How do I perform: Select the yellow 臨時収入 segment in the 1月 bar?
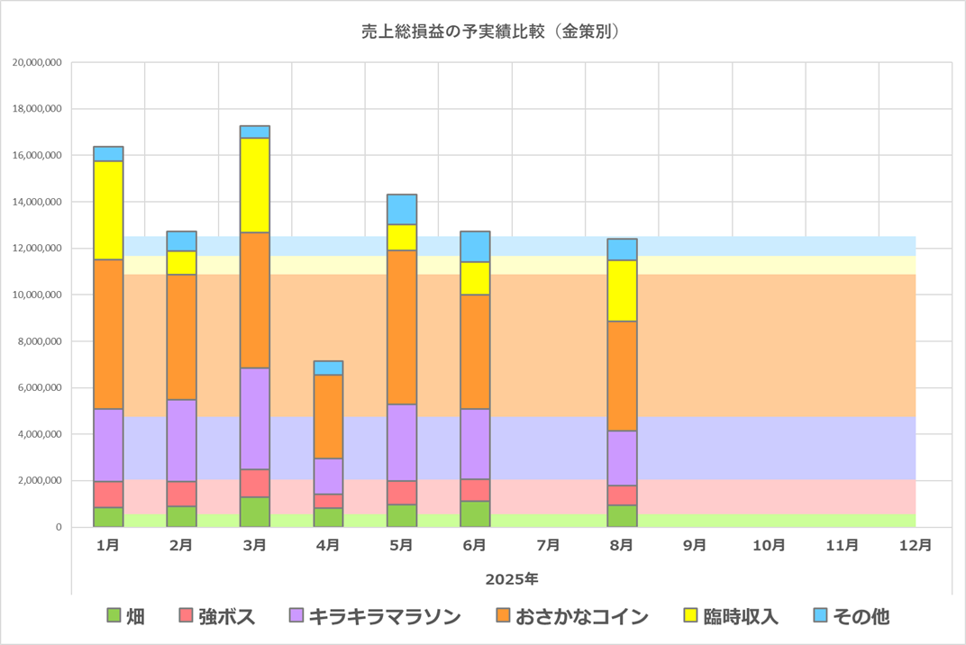click(x=108, y=210)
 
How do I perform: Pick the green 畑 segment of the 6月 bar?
click(x=475, y=513)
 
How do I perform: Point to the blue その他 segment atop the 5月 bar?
click(x=402, y=209)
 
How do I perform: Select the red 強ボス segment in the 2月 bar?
click(x=181, y=494)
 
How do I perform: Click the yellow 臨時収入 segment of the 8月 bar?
click(x=622, y=290)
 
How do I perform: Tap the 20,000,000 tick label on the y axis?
click(x=37, y=63)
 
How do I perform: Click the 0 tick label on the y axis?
click(x=58, y=527)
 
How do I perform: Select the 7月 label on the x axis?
click(x=548, y=545)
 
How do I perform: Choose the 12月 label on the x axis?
click(x=916, y=545)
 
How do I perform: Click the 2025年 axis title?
click(x=511, y=578)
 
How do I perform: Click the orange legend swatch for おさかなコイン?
click(x=503, y=616)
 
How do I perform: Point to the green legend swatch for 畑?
click(x=114, y=616)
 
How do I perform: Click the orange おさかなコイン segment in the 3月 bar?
click(x=255, y=300)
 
